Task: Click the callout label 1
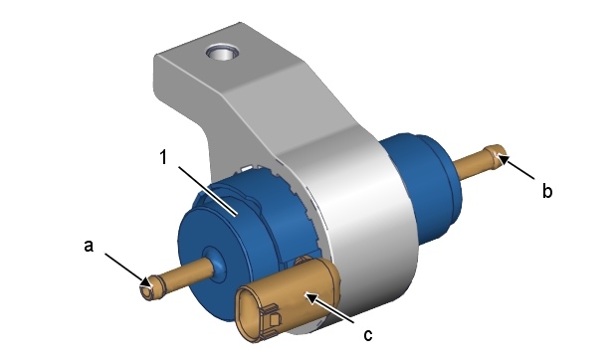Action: coord(164,157)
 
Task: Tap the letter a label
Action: coord(89,246)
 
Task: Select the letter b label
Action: coord(547,190)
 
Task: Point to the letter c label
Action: coord(367,335)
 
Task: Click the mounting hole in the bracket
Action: coord(223,52)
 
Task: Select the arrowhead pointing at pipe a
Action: coord(145,280)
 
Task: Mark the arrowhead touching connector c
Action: coord(311,298)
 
